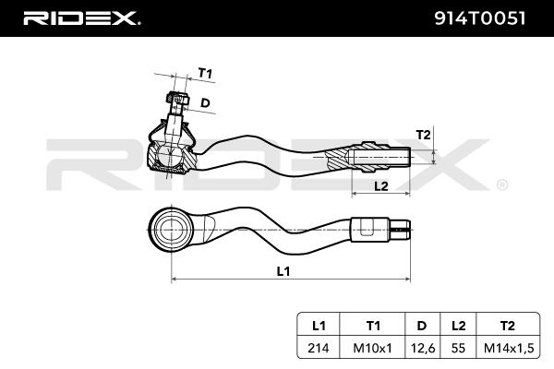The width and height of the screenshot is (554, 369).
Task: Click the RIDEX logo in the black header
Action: (x=81, y=18)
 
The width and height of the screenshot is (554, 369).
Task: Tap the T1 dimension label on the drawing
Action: (x=205, y=73)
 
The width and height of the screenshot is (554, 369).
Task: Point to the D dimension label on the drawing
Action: (x=205, y=102)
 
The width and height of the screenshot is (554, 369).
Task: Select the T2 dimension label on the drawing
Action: (x=422, y=135)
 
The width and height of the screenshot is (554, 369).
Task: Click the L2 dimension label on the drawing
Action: (x=379, y=185)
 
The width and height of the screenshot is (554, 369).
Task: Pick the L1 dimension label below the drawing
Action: (x=283, y=271)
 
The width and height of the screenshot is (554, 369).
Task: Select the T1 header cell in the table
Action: (x=372, y=326)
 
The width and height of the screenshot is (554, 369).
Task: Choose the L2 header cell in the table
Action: (x=457, y=326)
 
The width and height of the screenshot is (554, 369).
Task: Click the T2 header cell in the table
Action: (x=506, y=326)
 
